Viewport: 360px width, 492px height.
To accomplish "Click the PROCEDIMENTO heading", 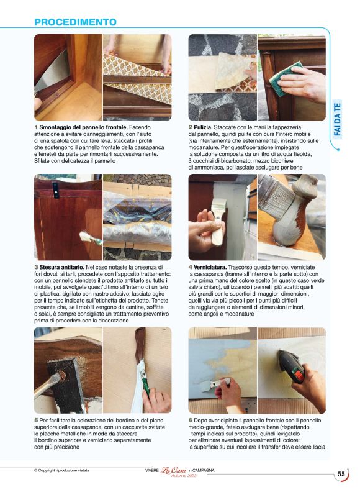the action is [75, 22].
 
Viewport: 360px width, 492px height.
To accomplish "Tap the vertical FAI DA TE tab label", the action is [337, 119].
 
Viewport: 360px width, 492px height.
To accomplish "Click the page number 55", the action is [341, 474].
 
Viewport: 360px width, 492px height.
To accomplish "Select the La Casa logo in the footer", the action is [173, 470].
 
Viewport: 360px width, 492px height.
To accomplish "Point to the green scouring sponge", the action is [285, 78].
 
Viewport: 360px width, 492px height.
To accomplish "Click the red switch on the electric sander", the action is [299, 375].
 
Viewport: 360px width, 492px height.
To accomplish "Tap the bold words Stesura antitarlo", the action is [62, 267].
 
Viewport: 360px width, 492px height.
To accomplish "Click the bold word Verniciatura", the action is [210, 267].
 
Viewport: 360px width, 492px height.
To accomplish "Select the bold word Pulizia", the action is [203, 127].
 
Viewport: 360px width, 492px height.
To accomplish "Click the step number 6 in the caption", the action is [191, 421].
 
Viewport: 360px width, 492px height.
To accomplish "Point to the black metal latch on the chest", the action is [56, 189].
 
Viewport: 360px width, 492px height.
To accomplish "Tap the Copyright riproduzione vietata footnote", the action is [61, 470].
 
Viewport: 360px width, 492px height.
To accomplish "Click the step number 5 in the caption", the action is [36, 421].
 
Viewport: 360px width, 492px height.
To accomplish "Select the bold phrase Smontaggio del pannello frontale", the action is [83, 127].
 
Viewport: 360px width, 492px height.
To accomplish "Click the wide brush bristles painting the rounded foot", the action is [276, 198].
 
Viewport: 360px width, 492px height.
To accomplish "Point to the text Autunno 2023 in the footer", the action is [184, 476].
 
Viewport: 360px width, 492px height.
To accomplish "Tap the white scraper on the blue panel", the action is [214, 385].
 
